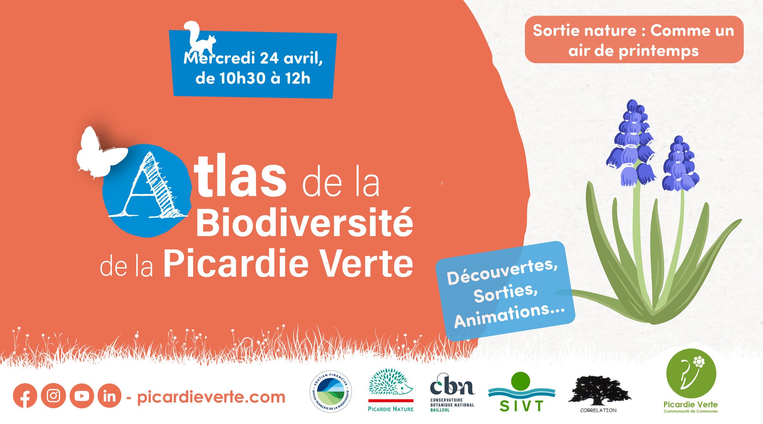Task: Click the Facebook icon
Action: click(25, 396)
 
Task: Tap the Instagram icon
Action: click(53, 396)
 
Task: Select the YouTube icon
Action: click(82, 396)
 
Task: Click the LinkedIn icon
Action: click(110, 396)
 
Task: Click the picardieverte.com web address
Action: click(211, 397)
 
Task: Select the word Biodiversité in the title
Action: click(304, 223)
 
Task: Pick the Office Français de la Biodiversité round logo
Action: click(330, 391)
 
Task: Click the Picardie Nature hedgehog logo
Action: click(390, 389)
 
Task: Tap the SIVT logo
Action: click(521, 393)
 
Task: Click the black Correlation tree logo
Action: click(599, 393)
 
